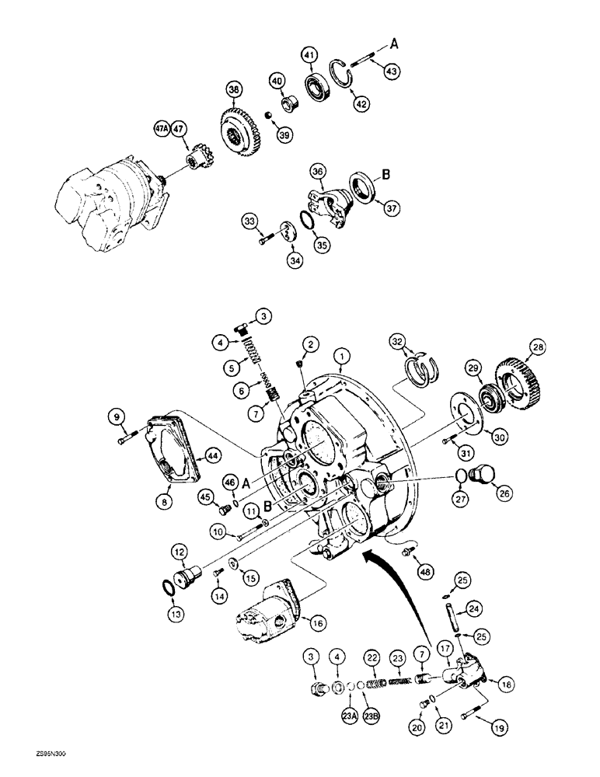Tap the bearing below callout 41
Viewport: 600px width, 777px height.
(318, 86)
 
